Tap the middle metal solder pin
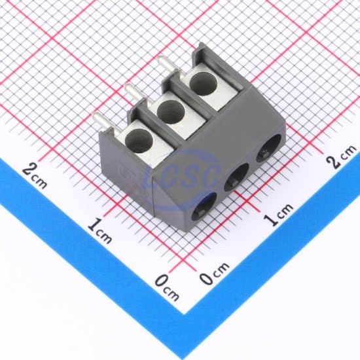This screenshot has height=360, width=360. pyautogui.click(x=135, y=94)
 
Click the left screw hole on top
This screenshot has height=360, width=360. pyautogui.click(x=139, y=141)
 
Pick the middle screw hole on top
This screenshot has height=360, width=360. pyautogui.click(x=171, y=112)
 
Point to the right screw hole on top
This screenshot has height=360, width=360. pyautogui.click(x=204, y=84)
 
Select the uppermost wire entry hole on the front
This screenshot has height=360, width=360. pyautogui.click(x=268, y=149)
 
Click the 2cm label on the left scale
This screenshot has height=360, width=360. pyautogui.click(x=35, y=175)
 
